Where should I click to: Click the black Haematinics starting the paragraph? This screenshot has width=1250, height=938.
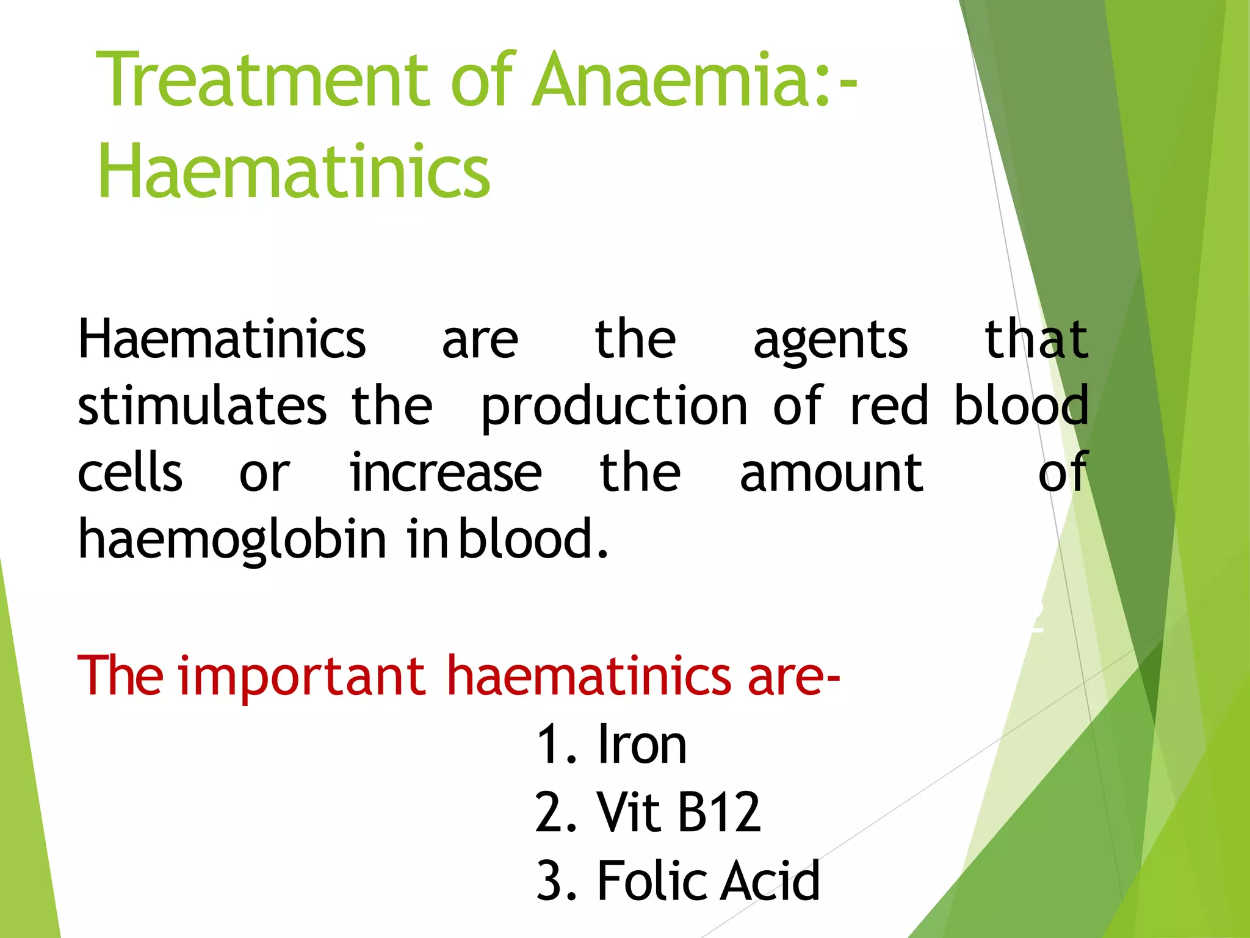pyautogui.click(x=222, y=340)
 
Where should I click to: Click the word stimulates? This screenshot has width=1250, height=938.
pyautogui.click(x=202, y=406)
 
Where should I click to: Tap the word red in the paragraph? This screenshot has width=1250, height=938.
pyautogui.click(x=889, y=406)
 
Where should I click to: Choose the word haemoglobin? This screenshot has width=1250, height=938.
pyautogui.click(x=232, y=540)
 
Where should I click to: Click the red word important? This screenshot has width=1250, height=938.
pyautogui.click(x=302, y=675)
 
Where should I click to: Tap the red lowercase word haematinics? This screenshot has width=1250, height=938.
pyautogui.click(x=588, y=675)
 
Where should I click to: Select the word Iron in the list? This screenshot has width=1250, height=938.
pyautogui.click(x=642, y=745)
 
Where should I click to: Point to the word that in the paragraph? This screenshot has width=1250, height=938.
pyautogui.click(x=1036, y=340)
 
